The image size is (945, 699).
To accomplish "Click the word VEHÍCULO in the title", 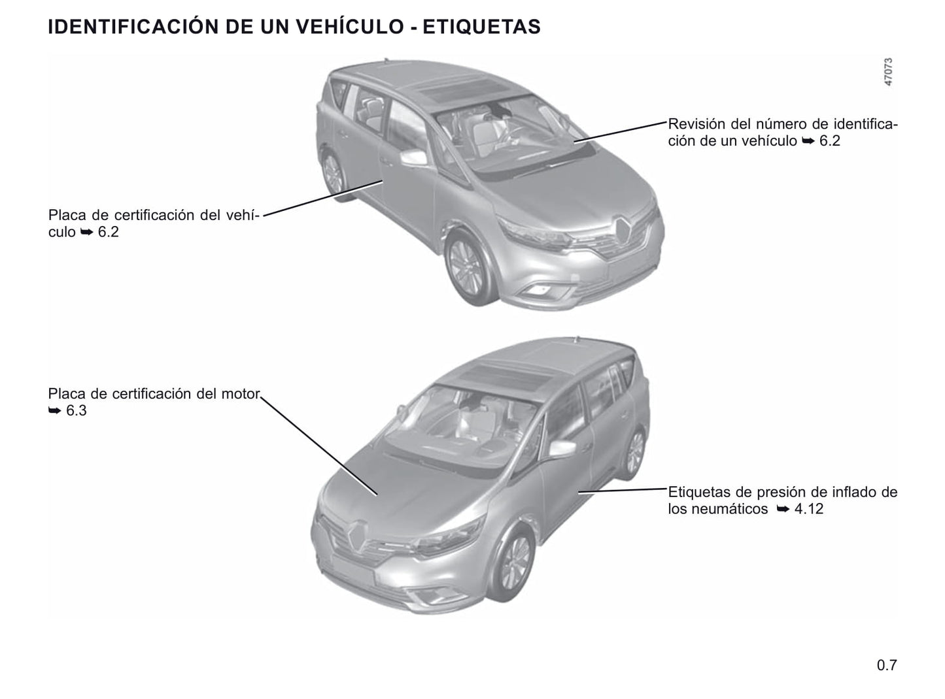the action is pos(349,26).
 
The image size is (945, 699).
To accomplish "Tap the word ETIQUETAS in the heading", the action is pos(481,27).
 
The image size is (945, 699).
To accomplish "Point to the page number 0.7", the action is pos(887,665).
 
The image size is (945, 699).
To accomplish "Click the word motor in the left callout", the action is pos(240,393).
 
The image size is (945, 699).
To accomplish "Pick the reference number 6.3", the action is pos(77,410).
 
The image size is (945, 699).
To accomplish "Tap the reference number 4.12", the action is pos(809,509).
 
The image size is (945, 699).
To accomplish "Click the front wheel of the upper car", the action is pos(467,267).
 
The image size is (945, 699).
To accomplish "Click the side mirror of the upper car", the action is pos(413,158).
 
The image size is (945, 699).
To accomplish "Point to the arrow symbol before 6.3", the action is pos(54,410).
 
